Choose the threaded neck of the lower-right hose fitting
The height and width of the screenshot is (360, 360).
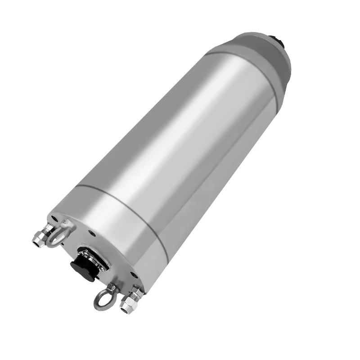point(135,294)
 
